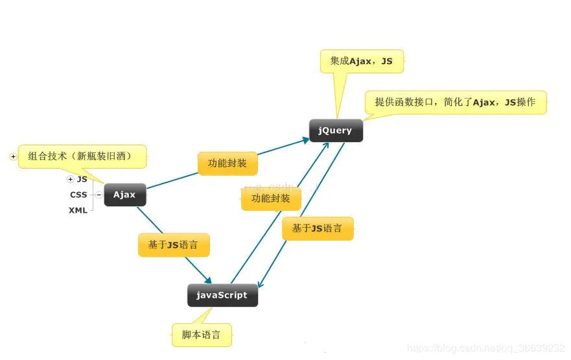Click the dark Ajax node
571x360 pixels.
click(124, 195)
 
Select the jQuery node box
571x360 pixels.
click(335, 130)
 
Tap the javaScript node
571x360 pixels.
click(222, 295)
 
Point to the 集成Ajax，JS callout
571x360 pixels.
click(362, 61)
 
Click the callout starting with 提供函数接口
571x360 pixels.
click(456, 102)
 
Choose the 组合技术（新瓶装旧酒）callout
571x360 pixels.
click(82, 156)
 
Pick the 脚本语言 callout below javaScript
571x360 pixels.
click(202, 335)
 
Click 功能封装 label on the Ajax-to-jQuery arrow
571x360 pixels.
click(227, 163)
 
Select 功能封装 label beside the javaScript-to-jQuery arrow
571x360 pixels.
click(271, 199)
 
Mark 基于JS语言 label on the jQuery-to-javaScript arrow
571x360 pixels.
click(318, 228)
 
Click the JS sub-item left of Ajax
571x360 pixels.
click(82, 179)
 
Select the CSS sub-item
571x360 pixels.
click(78, 195)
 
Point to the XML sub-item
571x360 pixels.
click(78, 210)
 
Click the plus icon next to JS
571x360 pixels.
click(70, 179)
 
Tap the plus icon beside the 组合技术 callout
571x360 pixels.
click(13, 156)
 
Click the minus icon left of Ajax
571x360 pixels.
click(99, 195)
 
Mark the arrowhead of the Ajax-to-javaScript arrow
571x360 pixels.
click(209, 280)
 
